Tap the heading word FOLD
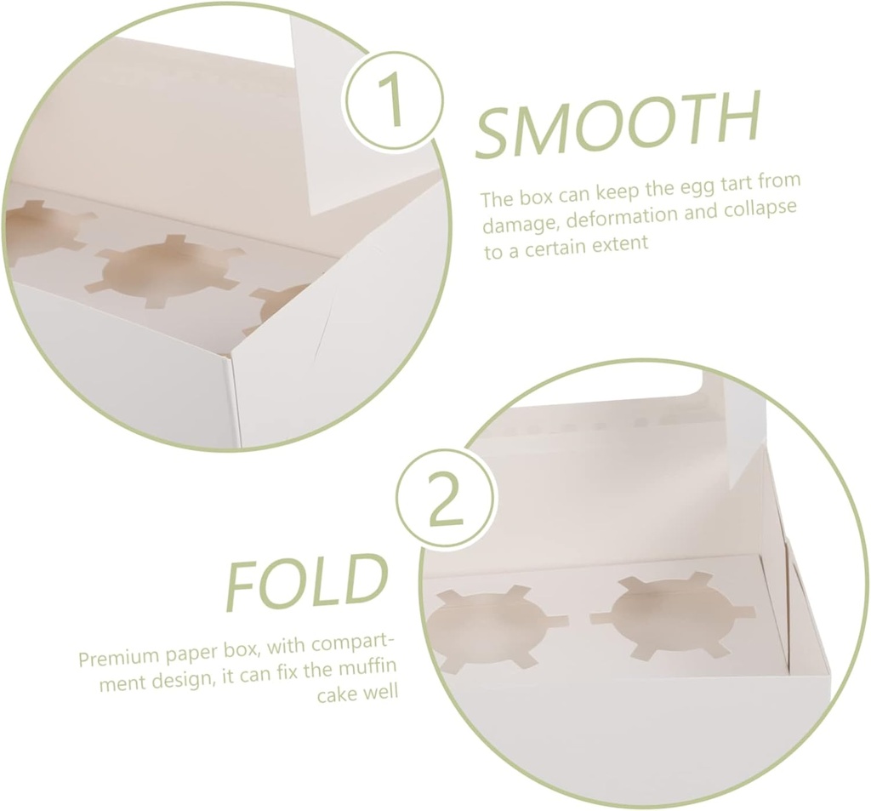pyautogui.click(x=305, y=582)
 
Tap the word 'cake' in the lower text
pyautogui.click(x=335, y=694)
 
